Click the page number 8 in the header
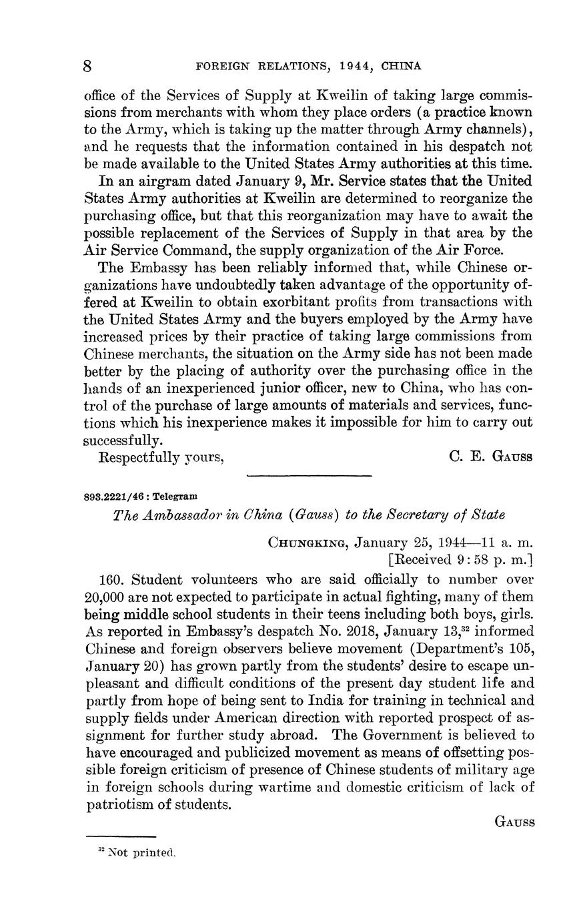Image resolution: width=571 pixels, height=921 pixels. tap(87, 65)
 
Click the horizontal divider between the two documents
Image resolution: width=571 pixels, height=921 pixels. tap(309, 476)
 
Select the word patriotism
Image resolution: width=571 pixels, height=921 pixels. tap(119, 804)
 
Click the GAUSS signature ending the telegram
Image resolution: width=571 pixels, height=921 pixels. tap(514, 822)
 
